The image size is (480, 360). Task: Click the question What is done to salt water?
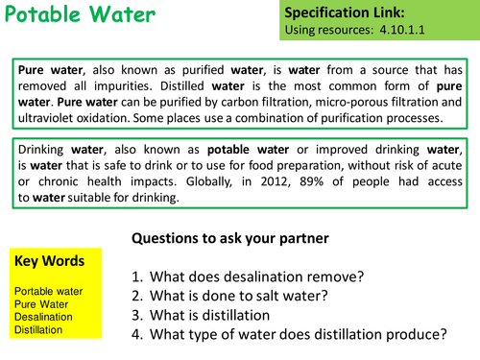pyautogui.click(x=240, y=295)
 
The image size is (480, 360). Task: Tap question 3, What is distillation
pyautogui.click(x=218, y=314)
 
